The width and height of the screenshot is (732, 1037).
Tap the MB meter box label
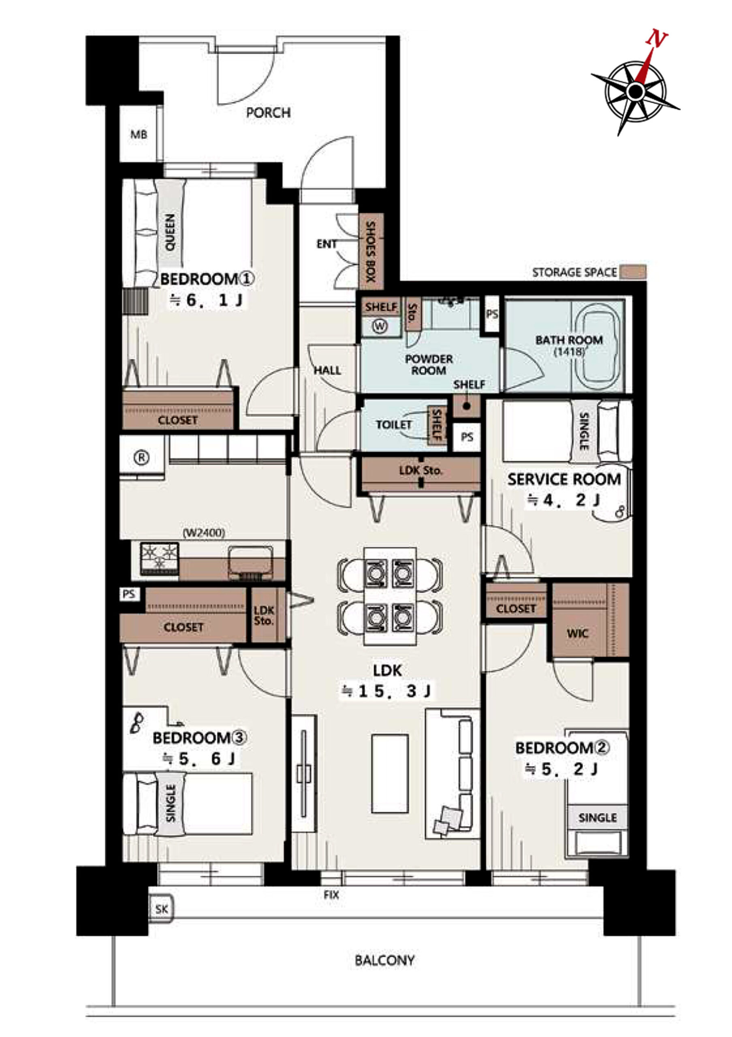click(x=139, y=134)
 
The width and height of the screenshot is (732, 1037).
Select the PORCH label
click(x=268, y=113)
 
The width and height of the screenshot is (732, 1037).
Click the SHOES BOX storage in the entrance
click(x=371, y=252)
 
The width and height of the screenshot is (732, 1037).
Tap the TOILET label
click(x=394, y=425)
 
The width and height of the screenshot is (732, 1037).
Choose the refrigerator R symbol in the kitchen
click(x=142, y=458)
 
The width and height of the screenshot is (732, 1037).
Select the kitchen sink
click(x=251, y=562)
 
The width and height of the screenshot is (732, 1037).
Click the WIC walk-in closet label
click(x=578, y=634)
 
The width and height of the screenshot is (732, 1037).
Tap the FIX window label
click(x=331, y=895)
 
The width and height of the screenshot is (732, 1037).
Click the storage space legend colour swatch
click(x=633, y=272)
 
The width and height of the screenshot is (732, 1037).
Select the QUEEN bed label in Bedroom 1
click(x=170, y=233)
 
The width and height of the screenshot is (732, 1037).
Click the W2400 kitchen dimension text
click(x=204, y=533)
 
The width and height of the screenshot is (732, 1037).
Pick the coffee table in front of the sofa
click(x=390, y=773)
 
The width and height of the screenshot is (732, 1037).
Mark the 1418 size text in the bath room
click(x=569, y=351)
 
